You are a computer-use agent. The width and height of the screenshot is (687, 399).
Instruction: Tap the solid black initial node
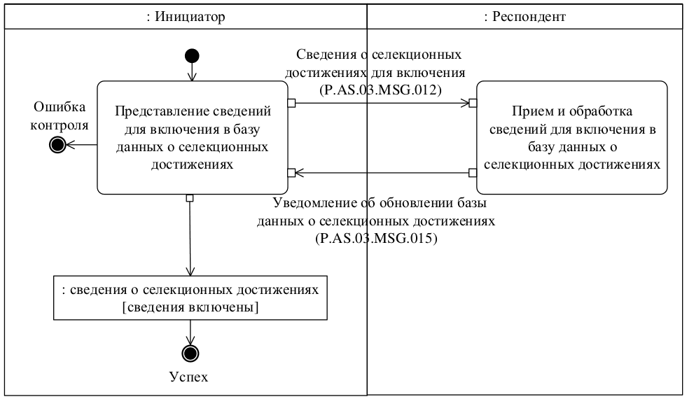[192, 56]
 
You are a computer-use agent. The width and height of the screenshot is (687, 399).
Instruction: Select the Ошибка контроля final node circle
[57, 144]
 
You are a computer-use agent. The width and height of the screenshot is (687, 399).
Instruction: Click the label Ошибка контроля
[60, 116]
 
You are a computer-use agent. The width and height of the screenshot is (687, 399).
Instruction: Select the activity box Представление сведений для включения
[191, 136]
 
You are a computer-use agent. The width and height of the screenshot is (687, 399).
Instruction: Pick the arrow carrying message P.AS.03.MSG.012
[382, 104]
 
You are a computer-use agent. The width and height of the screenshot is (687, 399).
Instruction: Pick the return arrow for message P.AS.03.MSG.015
[382, 172]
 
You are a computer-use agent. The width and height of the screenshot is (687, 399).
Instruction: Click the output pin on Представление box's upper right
[291, 104]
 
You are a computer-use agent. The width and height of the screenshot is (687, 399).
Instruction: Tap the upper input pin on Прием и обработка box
[473, 104]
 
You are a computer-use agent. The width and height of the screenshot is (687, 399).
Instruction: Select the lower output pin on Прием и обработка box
[473, 172]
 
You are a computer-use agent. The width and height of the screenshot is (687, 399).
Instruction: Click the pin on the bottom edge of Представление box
[190, 198]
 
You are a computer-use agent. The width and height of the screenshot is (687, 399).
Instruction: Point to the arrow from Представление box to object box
[190, 238]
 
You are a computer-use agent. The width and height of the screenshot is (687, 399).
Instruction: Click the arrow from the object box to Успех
[190, 332]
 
